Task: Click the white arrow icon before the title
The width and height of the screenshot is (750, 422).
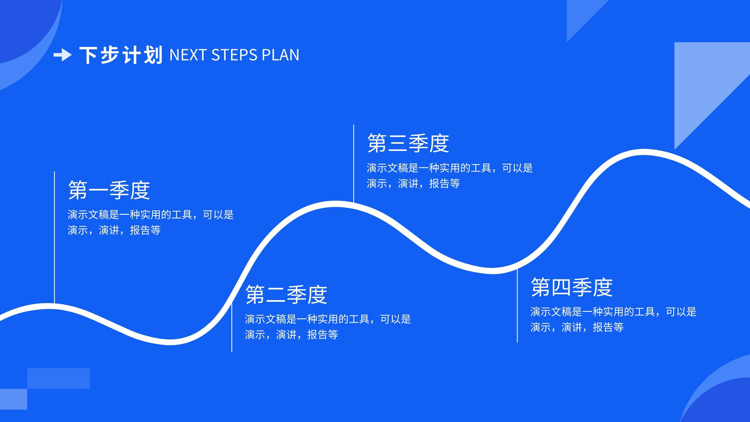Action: click(x=62, y=55)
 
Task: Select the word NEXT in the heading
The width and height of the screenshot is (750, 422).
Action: click(x=187, y=55)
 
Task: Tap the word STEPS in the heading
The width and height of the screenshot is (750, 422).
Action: click(x=234, y=55)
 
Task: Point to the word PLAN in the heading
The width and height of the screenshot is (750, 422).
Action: click(x=280, y=55)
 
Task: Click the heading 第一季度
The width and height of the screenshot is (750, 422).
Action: click(x=109, y=190)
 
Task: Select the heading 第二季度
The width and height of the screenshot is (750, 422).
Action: click(x=286, y=294)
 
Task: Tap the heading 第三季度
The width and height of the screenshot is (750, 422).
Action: click(x=408, y=143)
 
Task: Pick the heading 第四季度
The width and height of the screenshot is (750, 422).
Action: click(x=571, y=287)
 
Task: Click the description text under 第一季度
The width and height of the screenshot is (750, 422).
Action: click(x=150, y=222)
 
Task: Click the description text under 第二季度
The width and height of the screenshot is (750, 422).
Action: click(x=328, y=326)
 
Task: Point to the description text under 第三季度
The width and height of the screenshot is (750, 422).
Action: click(x=450, y=175)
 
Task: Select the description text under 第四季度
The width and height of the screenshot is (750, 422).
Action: click(x=614, y=319)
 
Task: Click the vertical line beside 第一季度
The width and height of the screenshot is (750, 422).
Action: click(x=54, y=237)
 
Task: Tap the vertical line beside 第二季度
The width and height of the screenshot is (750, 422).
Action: click(x=232, y=328)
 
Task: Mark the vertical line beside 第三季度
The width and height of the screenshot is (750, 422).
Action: click(x=353, y=164)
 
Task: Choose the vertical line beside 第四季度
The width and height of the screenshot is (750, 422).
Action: click(x=517, y=305)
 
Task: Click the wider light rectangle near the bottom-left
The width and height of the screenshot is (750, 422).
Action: click(x=59, y=378)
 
